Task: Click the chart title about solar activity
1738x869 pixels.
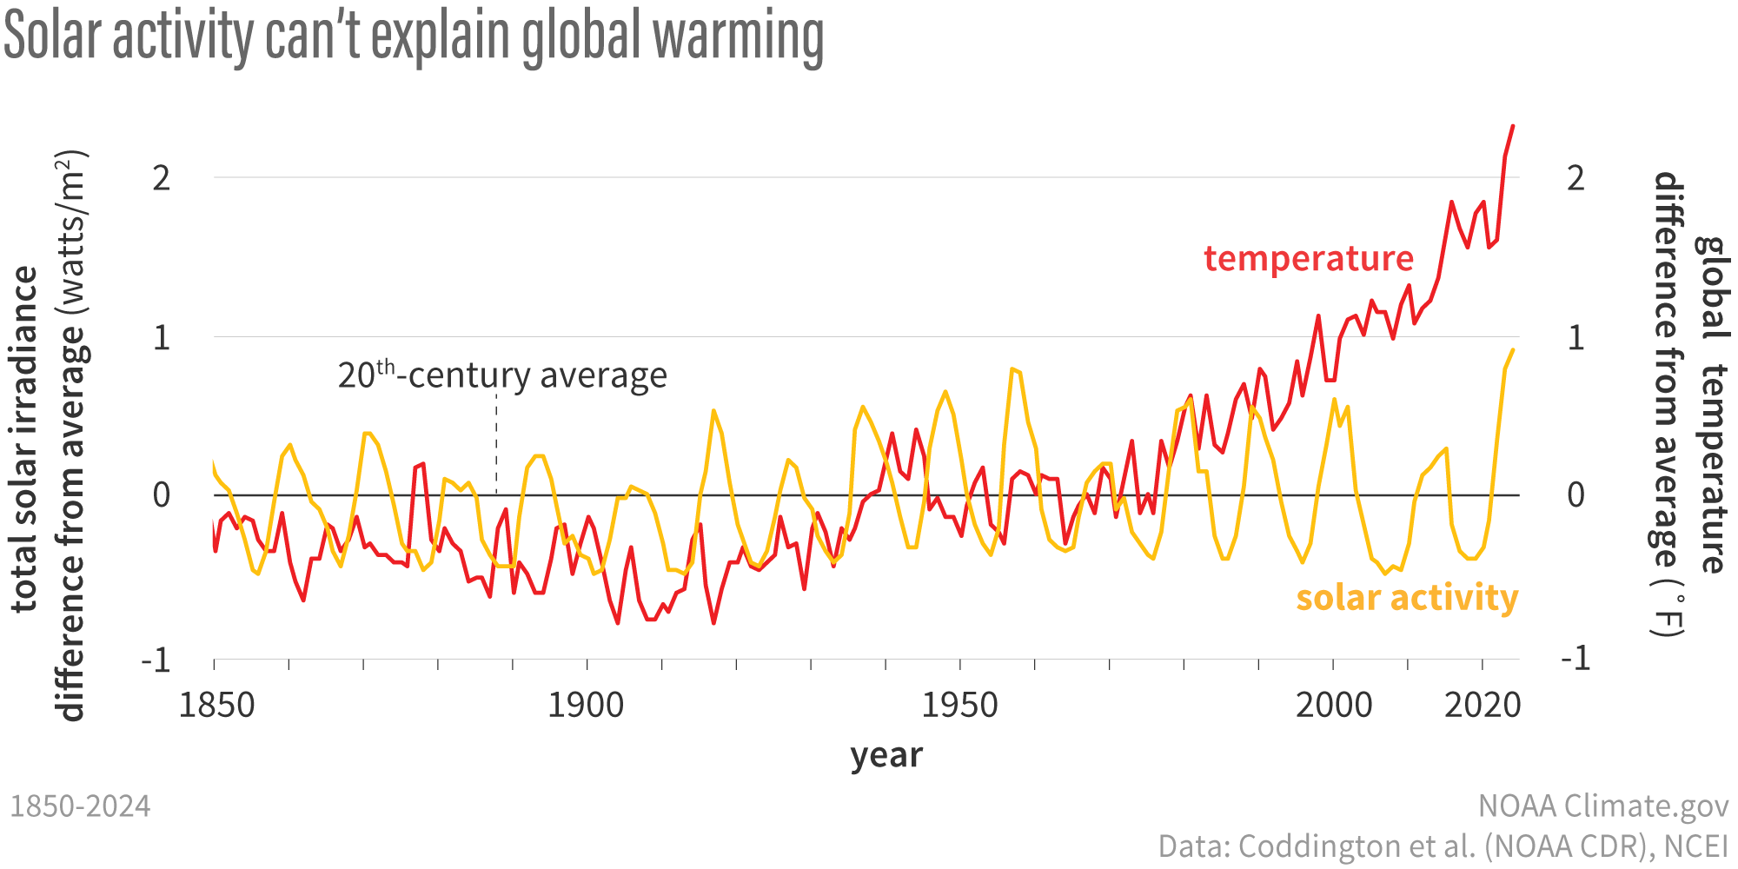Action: point(414,36)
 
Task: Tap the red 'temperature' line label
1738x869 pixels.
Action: point(1308,259)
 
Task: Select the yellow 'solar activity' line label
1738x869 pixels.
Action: point(1406,598)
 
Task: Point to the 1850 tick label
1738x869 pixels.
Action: point(216,705)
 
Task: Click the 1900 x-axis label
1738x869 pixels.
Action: point(586,705)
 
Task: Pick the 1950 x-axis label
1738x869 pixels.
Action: point(959,705)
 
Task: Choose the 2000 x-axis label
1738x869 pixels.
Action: point(1333,705)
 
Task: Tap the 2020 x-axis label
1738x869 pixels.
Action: point(1483,705)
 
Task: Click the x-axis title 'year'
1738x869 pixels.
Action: point(886,755)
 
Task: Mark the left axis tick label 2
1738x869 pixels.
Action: point(162,178)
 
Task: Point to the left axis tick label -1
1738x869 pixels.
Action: point(156,660)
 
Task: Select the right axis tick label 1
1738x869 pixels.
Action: point(1575,337)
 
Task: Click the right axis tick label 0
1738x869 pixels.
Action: point(1575,495)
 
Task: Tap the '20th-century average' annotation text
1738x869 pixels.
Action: point(502,375)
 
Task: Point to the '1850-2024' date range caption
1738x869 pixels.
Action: point(80,806)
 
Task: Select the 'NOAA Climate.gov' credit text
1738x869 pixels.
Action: point(1602,806)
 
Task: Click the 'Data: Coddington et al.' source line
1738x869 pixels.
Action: point(1443,846)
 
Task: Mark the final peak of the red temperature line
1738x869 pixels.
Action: point(1513,127)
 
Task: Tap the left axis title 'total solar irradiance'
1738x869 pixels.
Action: point(26,439)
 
